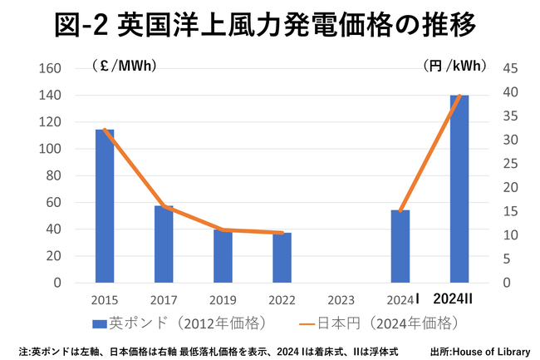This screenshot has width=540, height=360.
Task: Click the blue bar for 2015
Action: coord(105,206)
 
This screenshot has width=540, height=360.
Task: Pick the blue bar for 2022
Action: coord(282,258)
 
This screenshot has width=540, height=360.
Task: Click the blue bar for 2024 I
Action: coord(400,246)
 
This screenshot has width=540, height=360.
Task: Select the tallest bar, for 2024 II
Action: coord(459,189)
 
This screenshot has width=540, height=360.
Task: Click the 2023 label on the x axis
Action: coord(341,299)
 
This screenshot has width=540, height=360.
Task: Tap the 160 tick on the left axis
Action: coord(51,69)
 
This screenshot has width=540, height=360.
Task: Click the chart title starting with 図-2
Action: coord(270,25)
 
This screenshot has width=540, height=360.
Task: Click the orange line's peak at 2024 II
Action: coord(459,96)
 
